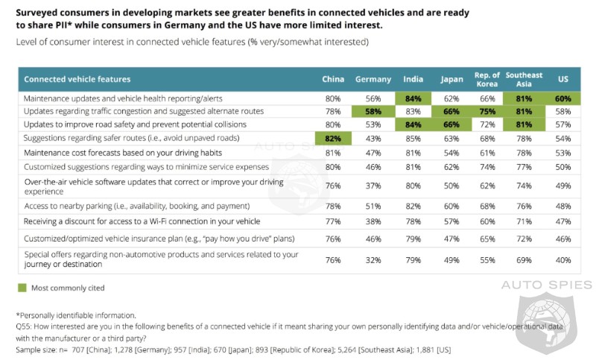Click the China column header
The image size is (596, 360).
click(333, 79)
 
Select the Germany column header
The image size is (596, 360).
click(373, 79)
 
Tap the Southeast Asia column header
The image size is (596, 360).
click(524, 79)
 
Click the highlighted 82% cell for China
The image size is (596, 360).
click(333, 139)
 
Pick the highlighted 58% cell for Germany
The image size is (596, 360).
click(373, 110)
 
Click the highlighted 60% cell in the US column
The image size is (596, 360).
click(563, 98)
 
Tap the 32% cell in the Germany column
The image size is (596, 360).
click(373, 259)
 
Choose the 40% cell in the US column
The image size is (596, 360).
click(563, 259)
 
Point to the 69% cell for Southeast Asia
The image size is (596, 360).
click(524, 259)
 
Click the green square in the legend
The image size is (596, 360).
click(22, 287)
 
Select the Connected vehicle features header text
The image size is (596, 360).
click(77, 79)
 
